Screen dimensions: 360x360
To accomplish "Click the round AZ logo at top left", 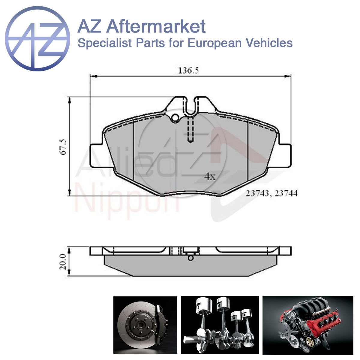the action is coord(37,38).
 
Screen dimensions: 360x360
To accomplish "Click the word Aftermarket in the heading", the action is coord(156,26).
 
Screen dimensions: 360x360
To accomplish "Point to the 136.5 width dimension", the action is coord(188,70).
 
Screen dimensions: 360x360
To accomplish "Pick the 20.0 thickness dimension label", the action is coord(63,262).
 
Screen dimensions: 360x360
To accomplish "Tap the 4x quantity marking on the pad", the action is coord(210,176).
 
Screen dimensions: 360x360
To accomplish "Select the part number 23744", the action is coord(286,193).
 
